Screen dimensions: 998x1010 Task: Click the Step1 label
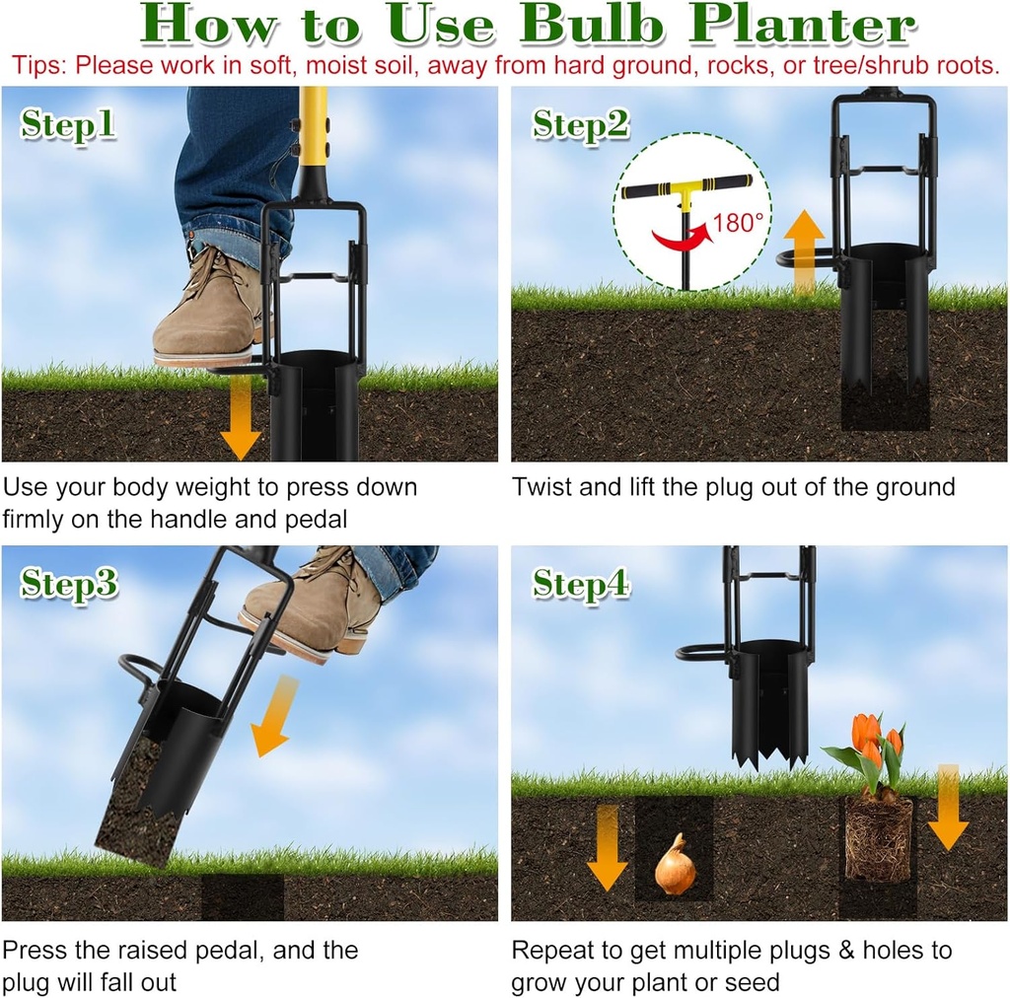click(68, 125)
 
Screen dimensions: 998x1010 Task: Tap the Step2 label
click(580, 125)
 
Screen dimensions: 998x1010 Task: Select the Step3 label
click(69, 584)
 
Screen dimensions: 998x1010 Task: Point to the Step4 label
click(581, 584)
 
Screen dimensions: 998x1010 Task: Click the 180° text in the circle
click(739, 224)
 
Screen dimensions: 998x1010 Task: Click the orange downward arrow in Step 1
click(240, 419)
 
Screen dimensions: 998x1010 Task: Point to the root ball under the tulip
click(878, 838)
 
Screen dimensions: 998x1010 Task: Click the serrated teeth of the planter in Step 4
click(770, 754)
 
